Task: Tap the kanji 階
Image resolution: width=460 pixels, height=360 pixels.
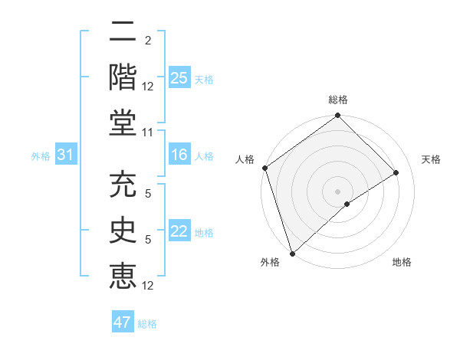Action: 123,77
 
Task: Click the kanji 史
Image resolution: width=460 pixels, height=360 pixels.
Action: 123,232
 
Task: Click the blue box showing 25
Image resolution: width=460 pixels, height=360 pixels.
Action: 179,77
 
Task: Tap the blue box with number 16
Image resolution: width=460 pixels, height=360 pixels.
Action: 179,155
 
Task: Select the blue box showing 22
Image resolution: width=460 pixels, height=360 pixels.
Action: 179,232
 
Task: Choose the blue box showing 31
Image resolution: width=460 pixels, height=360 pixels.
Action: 66,155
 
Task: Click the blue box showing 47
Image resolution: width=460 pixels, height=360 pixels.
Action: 123,322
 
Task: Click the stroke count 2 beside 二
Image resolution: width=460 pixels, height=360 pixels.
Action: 148,40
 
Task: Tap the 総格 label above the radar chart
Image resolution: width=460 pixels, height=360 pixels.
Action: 337,100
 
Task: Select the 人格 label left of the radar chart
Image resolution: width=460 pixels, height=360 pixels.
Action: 245,159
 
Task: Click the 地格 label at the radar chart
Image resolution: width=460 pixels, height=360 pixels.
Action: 402,263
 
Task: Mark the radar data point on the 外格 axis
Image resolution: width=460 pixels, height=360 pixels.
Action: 292,253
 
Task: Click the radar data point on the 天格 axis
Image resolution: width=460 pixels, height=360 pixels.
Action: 396,172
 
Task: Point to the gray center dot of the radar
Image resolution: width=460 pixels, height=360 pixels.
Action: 337,191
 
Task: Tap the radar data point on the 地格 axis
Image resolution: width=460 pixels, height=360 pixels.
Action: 347,204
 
